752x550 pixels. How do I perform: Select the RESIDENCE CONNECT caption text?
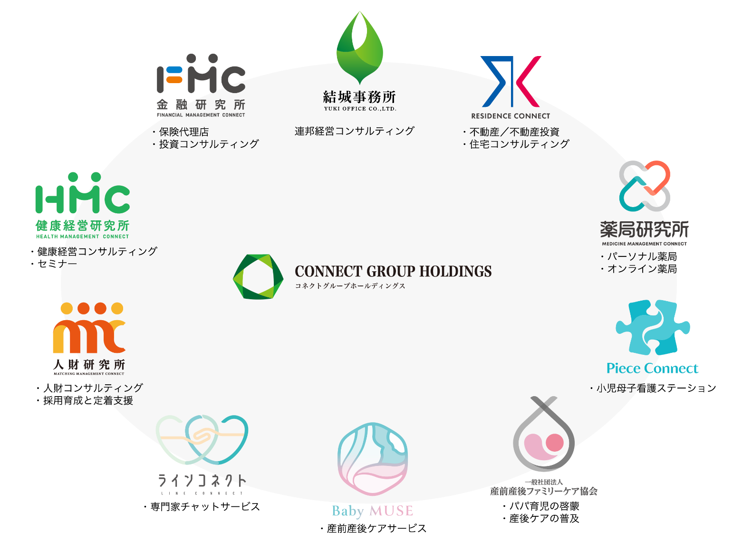[x=511, y=116]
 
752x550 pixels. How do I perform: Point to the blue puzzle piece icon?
[x=653, y=327]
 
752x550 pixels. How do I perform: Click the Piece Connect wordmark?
[x=652, y=368]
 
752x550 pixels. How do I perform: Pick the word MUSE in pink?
[x=391, y=512]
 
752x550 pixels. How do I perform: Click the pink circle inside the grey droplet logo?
[x=554, y=442]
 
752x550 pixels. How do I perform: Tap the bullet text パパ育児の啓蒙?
[x=541, y=506]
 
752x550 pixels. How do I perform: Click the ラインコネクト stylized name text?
[x=202, y=481]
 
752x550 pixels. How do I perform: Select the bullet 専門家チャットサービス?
[x=202, y=507]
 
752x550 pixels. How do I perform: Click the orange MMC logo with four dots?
[x=89, y=328]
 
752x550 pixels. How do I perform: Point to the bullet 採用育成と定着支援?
[x=85, y=401]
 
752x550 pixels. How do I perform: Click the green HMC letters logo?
[x=83, y=193]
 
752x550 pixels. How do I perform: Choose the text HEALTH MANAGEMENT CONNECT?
[x=83, y=237]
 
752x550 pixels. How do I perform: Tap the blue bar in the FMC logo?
[x=174, y=70]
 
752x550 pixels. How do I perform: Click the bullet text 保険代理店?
[x=180, y=132]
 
